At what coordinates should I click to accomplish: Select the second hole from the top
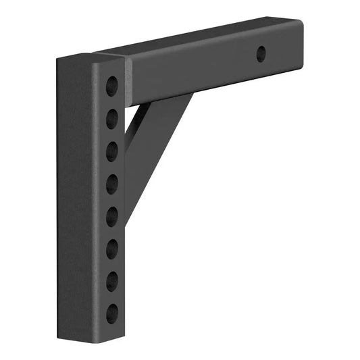click(112, 119)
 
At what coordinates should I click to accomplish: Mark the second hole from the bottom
click(112, 279)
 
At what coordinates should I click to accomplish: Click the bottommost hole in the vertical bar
click(112, 311)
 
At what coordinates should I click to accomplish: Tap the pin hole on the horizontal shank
click(261, 55)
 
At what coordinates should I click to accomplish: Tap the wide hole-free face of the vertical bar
click(78, 203)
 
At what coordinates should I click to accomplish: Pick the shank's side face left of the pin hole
click(196, 71)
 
